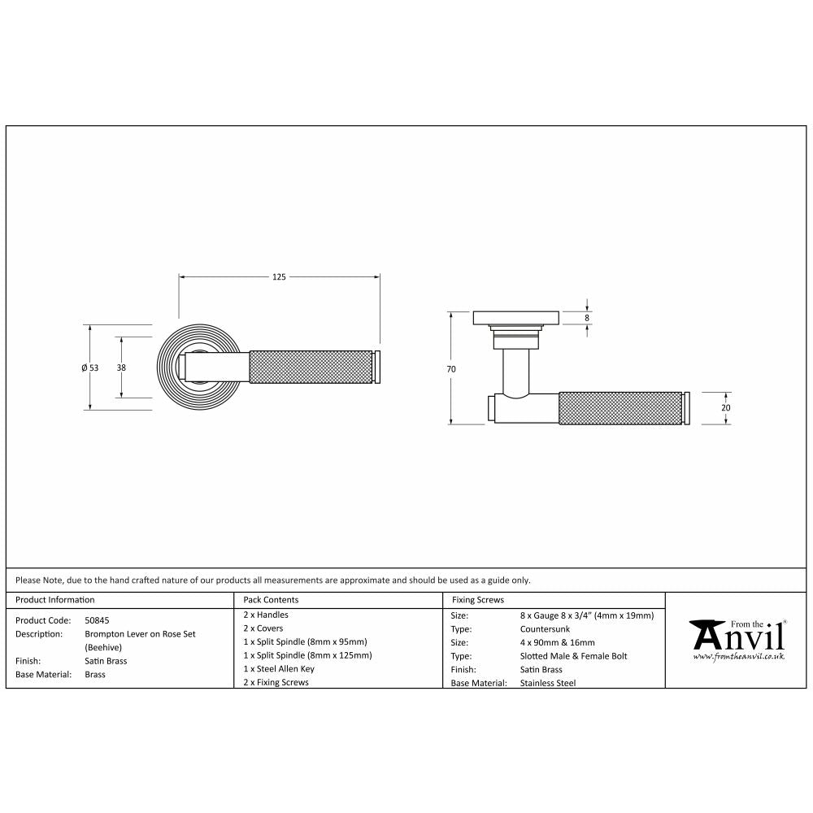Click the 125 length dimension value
[x=279, y=277]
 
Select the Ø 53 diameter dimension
[x=89, y=367]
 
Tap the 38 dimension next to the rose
[x=121, y=367]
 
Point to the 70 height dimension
[x=451, y=369]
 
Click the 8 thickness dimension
[x=586, y=318]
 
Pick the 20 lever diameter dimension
[x=726, y=408]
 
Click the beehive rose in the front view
[x=166, y=367]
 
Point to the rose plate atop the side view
[x=515, y=317]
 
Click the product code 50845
[x=97, y=620]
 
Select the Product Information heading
[x=55, y=600]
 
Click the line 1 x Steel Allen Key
[x=279, y=669]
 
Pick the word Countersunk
[x=545, y=629]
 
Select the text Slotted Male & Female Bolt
[x=573, y=656]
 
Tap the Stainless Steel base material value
[x=547, y=683]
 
